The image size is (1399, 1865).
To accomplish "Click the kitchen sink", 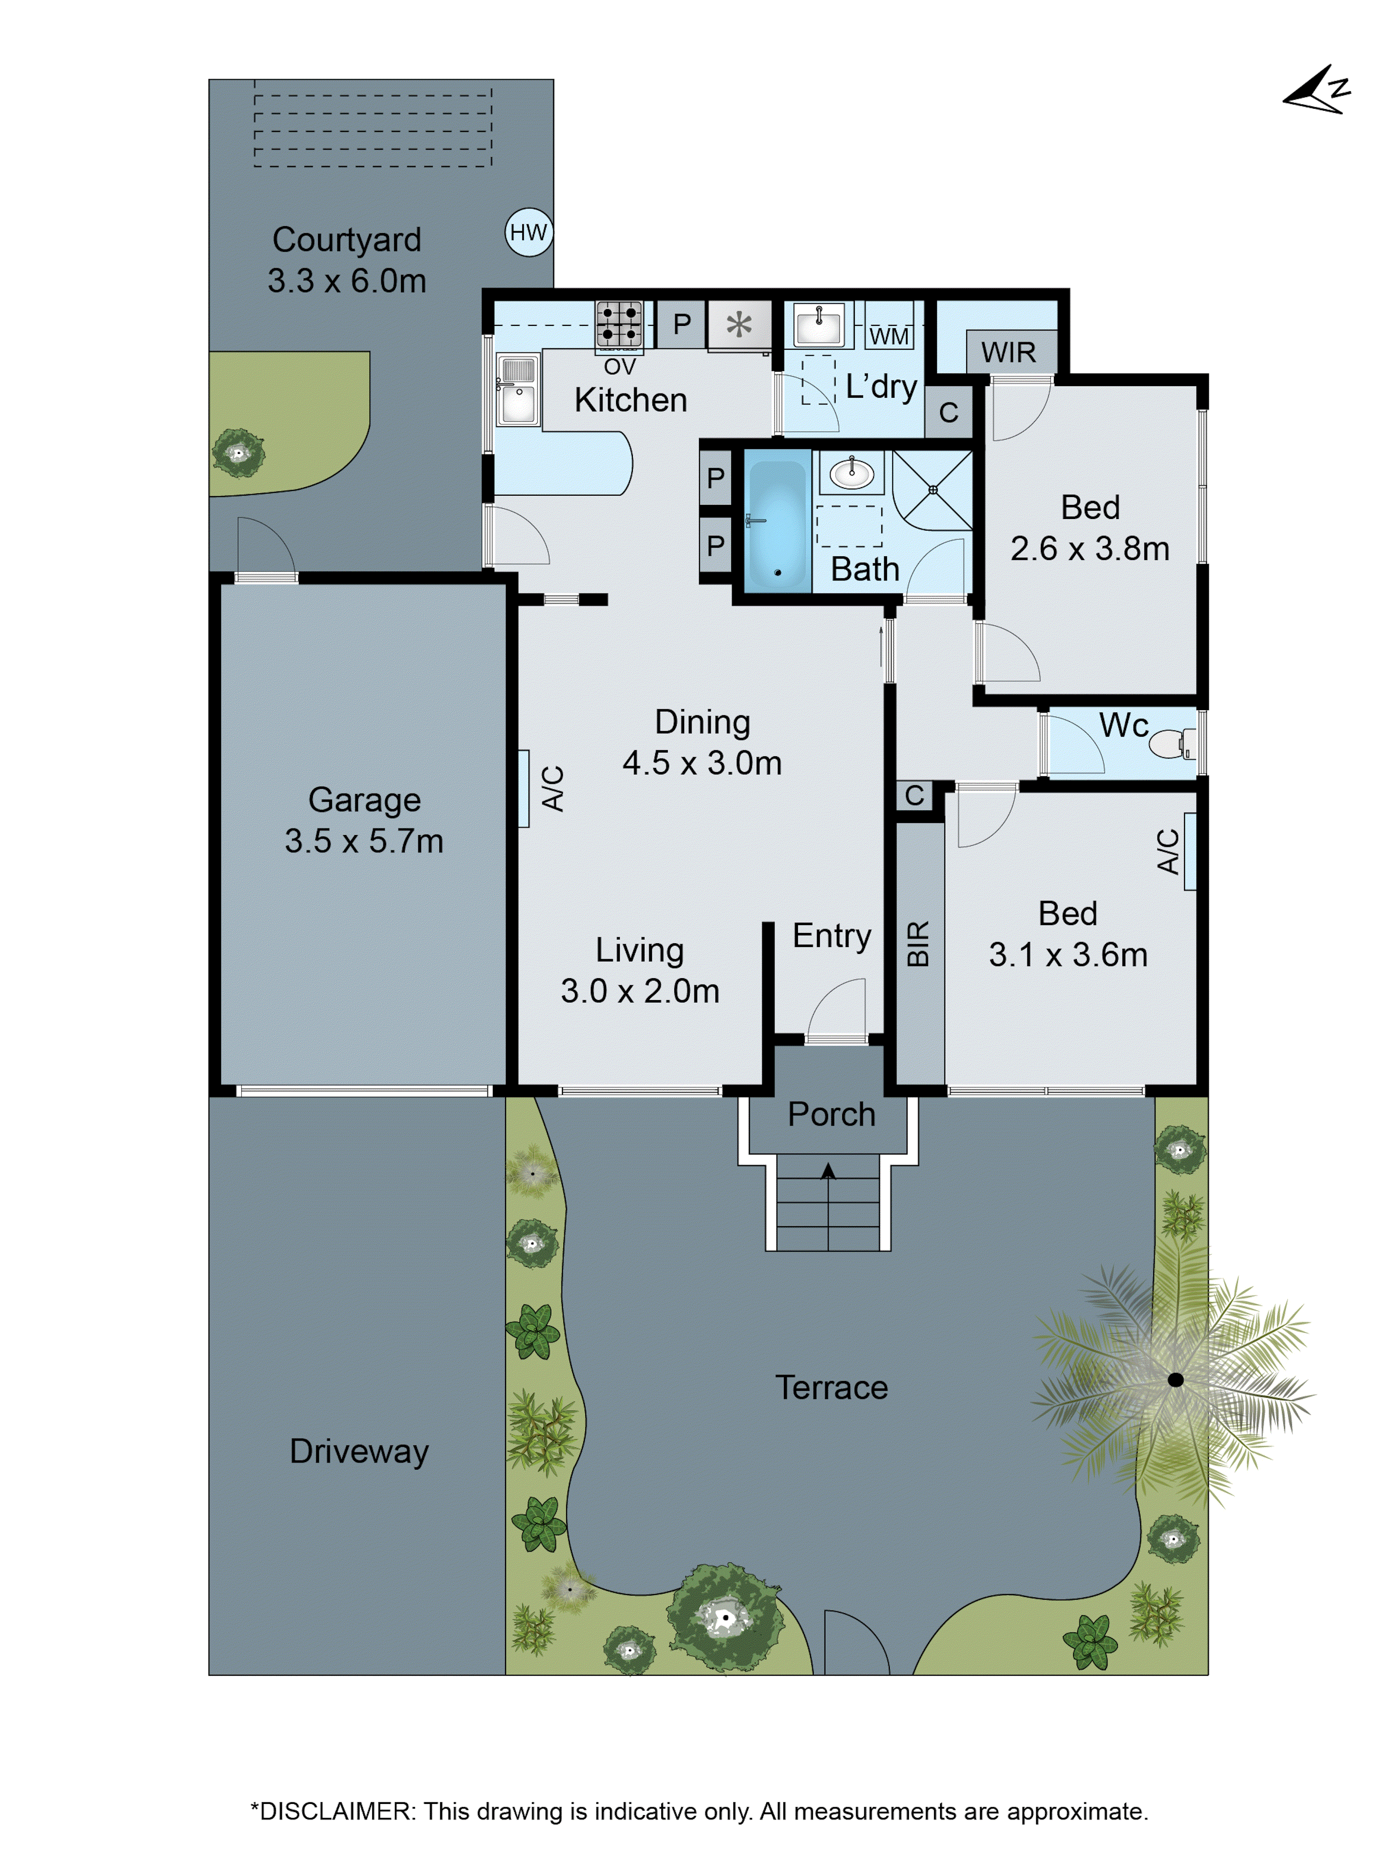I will pos(518,389).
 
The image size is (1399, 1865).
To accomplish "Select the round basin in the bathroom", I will pos(851,472).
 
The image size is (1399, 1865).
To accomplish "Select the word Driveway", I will pos(359,1451).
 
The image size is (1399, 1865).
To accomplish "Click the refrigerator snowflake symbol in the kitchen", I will pos(739,325).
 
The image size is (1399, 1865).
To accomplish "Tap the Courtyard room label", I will pos(346,240).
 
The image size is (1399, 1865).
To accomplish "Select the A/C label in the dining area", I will pos(552,788).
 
